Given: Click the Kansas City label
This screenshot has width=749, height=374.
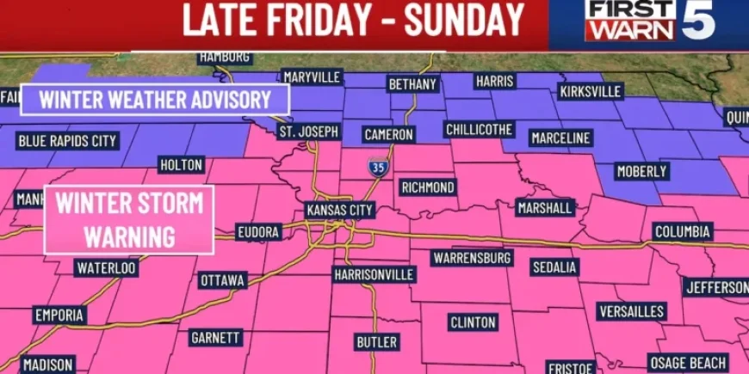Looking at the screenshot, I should [339, 211].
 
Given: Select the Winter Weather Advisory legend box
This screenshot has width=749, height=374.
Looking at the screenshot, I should [155, 100].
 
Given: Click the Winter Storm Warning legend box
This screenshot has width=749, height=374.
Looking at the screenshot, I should [130, 219].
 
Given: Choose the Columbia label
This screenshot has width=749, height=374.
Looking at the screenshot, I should [682, 231].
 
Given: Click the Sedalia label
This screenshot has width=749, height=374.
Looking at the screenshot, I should [554, 267].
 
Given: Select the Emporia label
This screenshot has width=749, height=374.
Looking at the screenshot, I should [59, 315].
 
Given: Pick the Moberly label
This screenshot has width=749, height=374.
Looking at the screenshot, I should [642, 172].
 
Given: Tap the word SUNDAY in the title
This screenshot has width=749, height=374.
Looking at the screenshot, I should [464, 21].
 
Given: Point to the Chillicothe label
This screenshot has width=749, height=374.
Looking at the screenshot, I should [480, 129].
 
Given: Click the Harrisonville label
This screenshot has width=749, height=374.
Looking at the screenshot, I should [374, 275].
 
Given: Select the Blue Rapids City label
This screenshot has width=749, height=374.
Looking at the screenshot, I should [66, 140].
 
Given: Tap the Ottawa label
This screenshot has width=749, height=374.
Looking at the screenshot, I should [223, 280].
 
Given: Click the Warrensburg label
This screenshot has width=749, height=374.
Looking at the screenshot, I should [473, 258].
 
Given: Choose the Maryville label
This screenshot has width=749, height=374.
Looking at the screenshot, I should [313, 77].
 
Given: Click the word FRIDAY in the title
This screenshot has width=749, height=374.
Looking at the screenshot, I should [323, 21].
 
